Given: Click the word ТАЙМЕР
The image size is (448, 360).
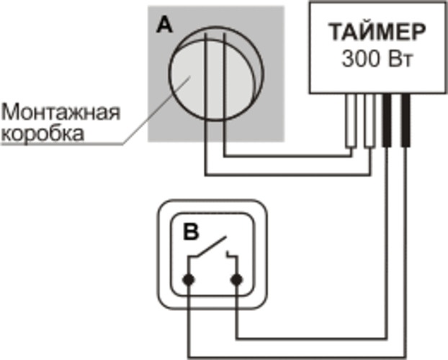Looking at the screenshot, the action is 377,32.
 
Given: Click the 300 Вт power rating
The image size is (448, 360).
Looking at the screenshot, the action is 377,59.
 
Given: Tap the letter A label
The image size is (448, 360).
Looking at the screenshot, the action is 164,24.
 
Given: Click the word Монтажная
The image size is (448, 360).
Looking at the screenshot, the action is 61,112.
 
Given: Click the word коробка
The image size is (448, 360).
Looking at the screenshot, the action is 43,133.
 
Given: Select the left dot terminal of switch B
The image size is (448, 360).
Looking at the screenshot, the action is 189,279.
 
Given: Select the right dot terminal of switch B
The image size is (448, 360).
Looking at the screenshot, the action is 236,279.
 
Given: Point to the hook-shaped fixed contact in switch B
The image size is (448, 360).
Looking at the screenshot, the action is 232,254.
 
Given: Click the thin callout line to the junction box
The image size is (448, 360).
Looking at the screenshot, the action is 156,111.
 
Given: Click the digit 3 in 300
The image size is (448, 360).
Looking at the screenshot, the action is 348,59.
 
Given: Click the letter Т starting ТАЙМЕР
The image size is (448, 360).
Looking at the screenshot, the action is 336,32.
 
